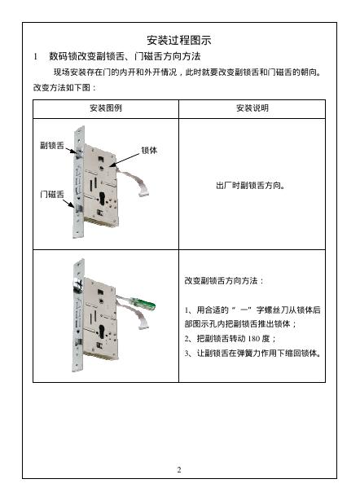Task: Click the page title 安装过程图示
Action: [x=179, y=40]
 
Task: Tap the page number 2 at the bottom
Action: [x=179, y=469]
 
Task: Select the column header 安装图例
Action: [x=106, y=108]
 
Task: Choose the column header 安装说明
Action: [x=252, y=108]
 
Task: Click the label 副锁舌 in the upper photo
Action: [x=52, y=145]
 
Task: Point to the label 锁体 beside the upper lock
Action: [x=149, y=150]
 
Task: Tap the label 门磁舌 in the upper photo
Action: [x=52, y=194]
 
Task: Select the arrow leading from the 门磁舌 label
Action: [x=68, y=204]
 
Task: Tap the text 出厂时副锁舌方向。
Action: [x=250, y=185]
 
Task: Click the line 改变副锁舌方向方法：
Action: [x=224, y=281]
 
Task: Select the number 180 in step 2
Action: [x=254, y=338]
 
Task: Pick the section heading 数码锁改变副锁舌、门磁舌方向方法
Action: [x=125, y=56]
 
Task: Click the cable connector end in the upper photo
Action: [x=143, y=192]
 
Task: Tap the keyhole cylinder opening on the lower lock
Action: [x=102, y=332]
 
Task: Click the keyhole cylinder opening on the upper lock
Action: [x=103, y=199]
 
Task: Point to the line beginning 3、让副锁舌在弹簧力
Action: [x=252, y=354]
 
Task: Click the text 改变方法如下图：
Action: [x=64, y=87]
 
